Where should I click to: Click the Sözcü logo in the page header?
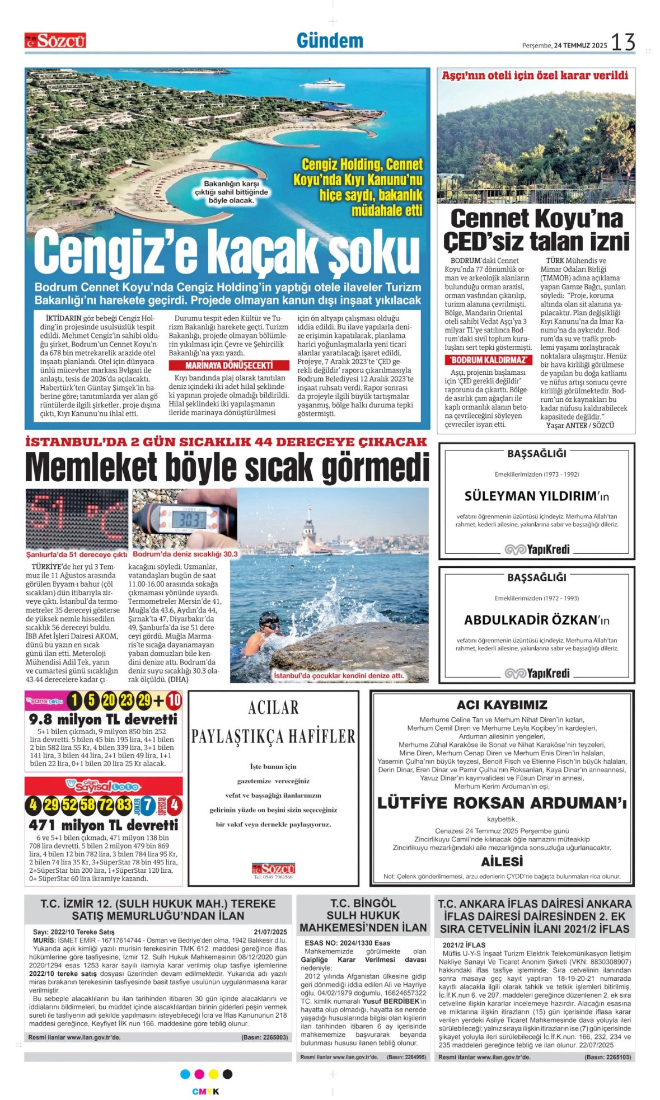tap(55, 40)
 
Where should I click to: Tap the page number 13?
tap(622, 42)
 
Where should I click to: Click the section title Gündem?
tap(330, 41)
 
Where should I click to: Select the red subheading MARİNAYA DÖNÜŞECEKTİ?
tap(230, 365)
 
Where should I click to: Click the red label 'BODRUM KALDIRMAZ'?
tap(488, 360)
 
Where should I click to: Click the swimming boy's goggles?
tap(271, 625)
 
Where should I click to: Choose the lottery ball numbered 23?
tap(127, 701)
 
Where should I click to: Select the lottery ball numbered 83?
tap(124, 806)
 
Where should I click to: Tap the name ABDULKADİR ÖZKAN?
tap(529, 620)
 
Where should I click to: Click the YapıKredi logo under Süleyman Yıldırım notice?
tap(537, 549)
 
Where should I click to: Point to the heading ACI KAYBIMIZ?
tap(502, 705)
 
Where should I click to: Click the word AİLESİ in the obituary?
tap(502, 862)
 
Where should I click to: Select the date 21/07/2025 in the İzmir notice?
tap(270, 932)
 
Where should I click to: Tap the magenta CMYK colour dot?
tap(199, 1074)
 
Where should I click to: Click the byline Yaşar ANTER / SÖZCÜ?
tap(580, 425)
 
